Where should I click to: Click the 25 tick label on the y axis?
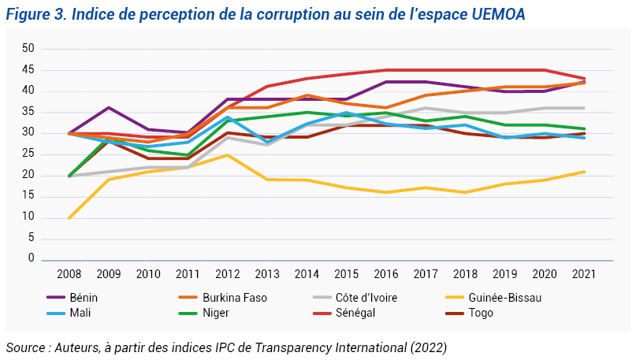click(x=29, y=175)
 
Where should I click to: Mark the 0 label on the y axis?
click(x=32, y=258)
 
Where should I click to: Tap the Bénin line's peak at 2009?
click(x=108, y=108)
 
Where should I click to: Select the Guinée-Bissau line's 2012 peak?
click(x=227, y=155)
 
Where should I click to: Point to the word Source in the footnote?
click(x=25, y=347)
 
